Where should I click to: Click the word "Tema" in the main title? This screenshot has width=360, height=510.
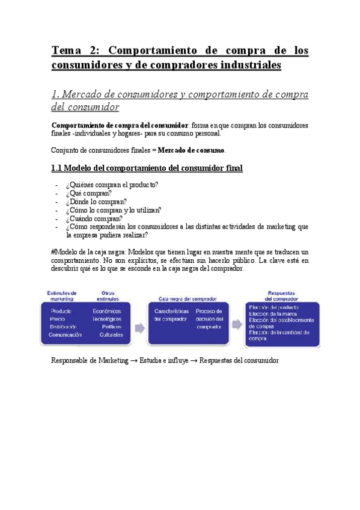click(67, 51)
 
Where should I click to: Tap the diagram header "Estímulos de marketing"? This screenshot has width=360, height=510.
click(61, 295)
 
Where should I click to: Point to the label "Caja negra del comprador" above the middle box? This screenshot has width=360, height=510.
click(188, 298)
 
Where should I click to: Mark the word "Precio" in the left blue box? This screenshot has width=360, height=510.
click(59, 319)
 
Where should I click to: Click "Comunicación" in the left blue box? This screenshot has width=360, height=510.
click(65, 334)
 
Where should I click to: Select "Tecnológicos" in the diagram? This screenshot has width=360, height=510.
click(107, 319)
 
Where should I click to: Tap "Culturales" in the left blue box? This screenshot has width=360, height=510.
click(111, 334)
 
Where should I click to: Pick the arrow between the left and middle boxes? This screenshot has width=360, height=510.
click(139, 328)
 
